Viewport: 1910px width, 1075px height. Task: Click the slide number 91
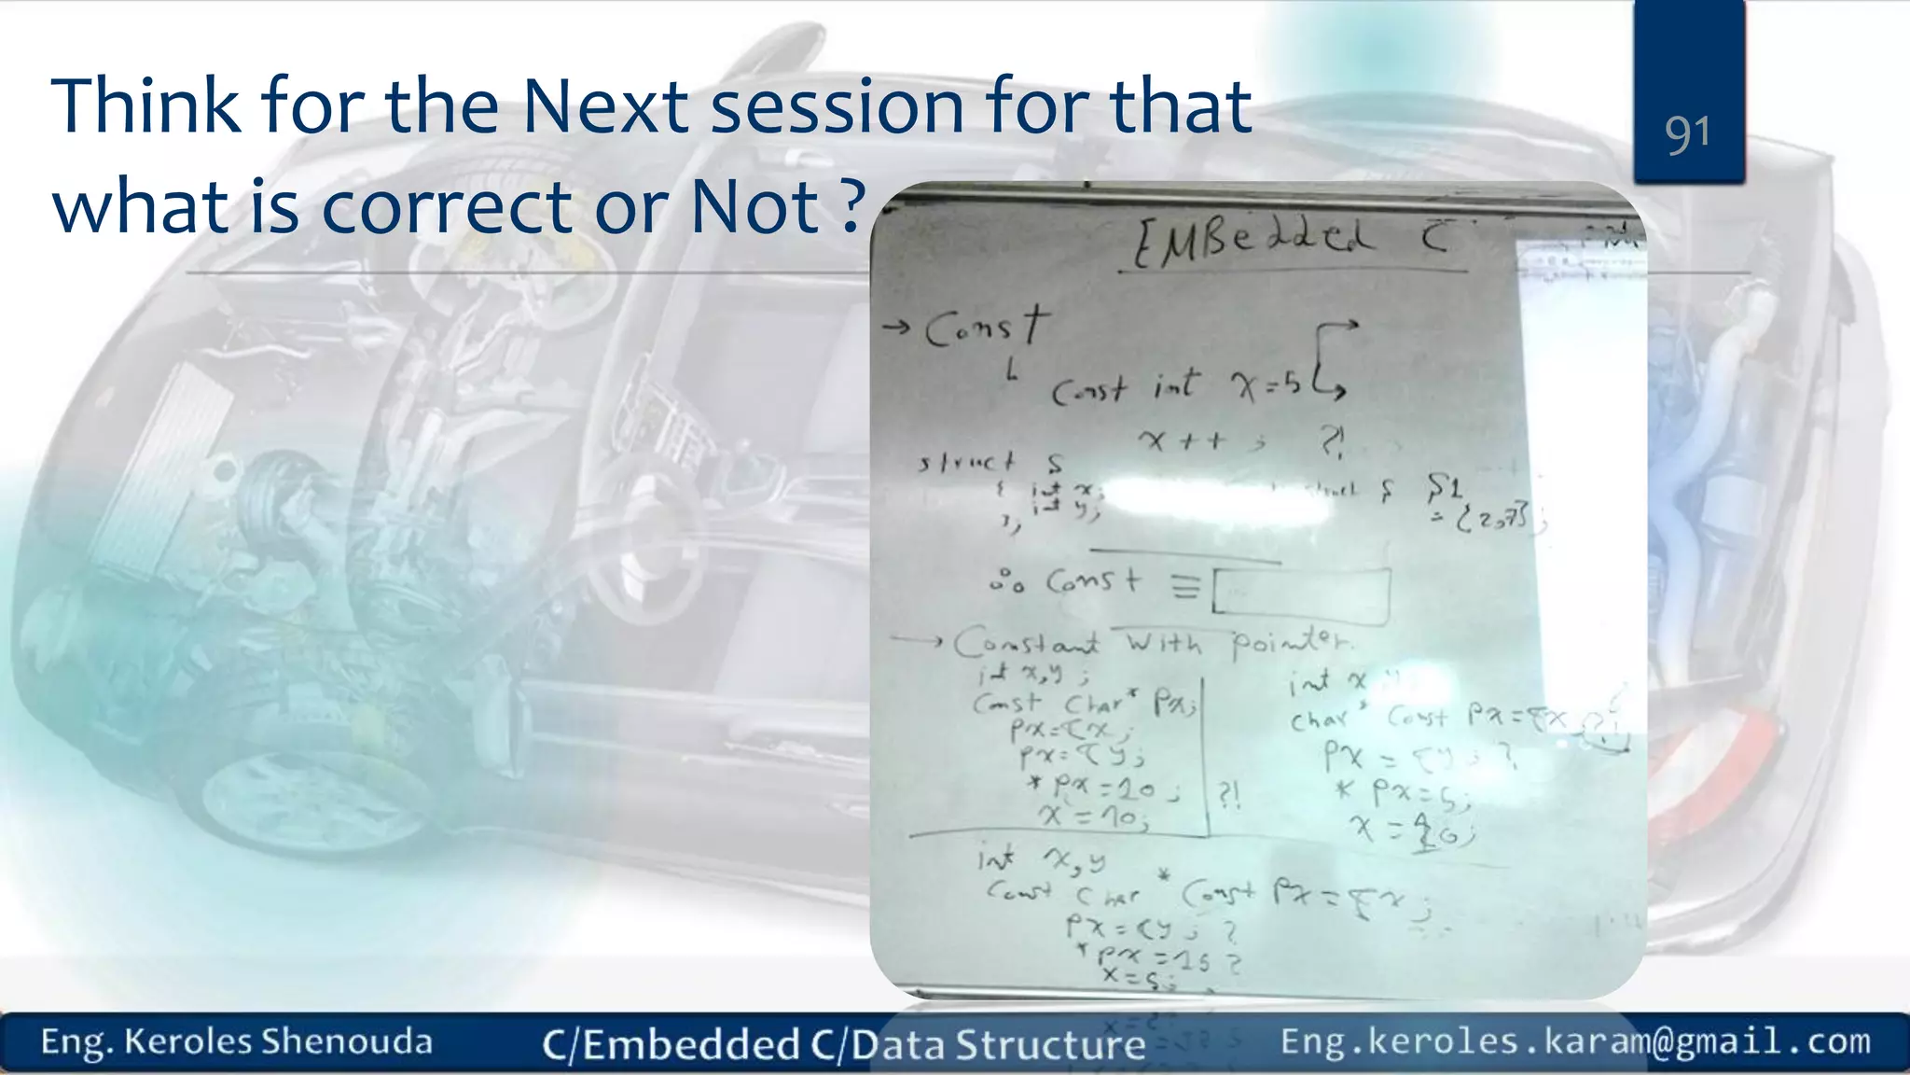(x=1688, y=134)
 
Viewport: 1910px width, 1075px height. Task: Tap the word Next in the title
(x=604, y=106)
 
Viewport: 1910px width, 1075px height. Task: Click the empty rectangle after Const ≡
(x=1301, y=593)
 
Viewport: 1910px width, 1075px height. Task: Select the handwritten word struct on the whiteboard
(x=966, y=463)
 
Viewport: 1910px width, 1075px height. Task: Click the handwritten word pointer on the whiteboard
(x=1291, y=643)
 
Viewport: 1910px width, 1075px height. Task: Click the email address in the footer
(x=1575, y=1041)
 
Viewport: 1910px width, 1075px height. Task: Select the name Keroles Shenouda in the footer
(x=278, y=1041)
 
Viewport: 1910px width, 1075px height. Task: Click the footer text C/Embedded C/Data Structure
(x=843, y=1044)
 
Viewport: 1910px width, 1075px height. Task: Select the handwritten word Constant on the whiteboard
(x=1027, y=643)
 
